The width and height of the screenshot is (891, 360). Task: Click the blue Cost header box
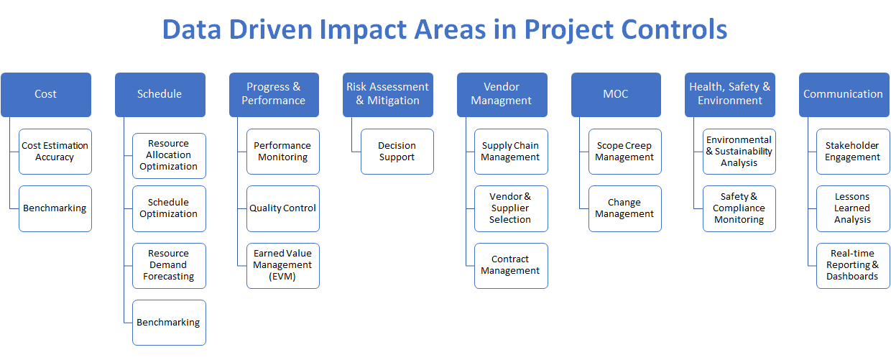[46, 94]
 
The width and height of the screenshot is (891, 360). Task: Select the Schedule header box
[160, 94]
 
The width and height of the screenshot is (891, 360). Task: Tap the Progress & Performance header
[274, 94]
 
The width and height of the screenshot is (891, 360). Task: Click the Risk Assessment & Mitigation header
[387, 94]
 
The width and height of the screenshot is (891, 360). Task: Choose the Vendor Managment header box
[502, 94]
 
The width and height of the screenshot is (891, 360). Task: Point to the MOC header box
[616, 94]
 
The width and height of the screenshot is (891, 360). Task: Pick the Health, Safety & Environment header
[729, 94]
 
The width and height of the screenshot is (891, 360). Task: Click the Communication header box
[844, 94]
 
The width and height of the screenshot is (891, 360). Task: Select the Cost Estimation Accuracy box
[55, 152]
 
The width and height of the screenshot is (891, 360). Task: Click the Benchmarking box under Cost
[55, 208]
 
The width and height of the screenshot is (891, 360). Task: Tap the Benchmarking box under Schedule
[169, 323]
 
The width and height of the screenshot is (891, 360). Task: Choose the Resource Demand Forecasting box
[169, 265]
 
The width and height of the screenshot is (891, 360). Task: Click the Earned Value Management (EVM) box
[283, 265]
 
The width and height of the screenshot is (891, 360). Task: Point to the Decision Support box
[397, 152]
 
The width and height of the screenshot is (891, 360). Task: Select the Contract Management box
[511, 265]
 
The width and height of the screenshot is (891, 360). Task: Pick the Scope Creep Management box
[624, 152]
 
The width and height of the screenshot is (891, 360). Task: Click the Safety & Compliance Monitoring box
[739, 208]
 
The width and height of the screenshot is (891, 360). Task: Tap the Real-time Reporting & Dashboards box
[852, 265]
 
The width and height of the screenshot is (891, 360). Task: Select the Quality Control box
[283, 208]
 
